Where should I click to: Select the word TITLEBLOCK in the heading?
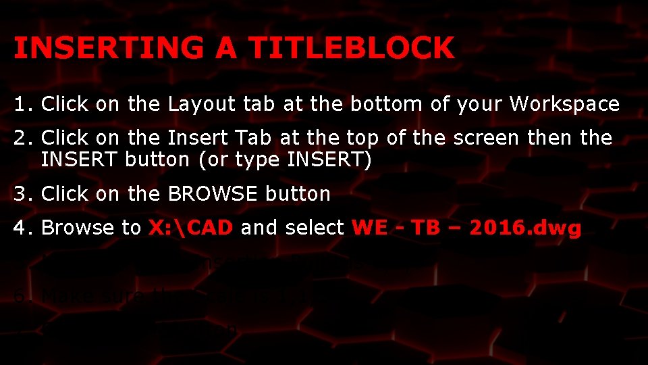pos(351,48)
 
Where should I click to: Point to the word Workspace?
pos(564,105)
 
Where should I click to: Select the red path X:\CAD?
pos(191,228)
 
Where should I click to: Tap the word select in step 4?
pos(316,228)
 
